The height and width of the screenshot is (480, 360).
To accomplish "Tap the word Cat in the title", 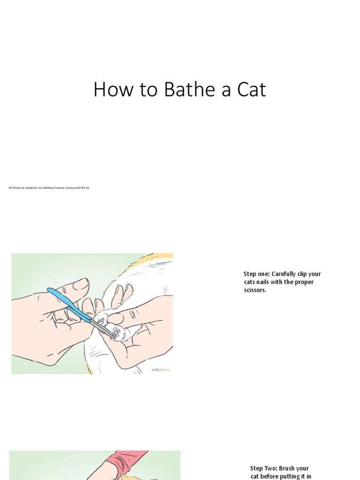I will pyautogui.click(x=251, y=90).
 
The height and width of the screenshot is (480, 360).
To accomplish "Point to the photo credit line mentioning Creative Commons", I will pyautogui.click(x=49, y=187).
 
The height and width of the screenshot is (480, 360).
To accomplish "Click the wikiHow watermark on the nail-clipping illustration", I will pyautogui.click(x=160, y=369).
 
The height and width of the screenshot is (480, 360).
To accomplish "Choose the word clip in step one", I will pyautogui.click(x=304, y=274).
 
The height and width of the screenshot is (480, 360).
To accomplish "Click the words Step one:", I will pyautogui.click(x=256, y=274).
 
